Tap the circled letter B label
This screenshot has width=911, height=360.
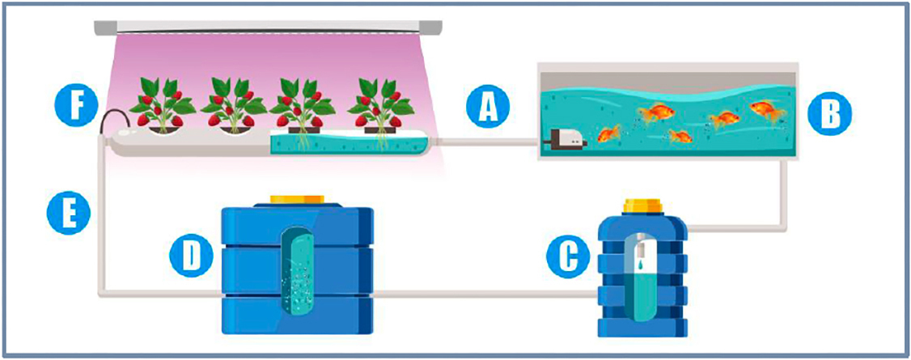pos(828,114)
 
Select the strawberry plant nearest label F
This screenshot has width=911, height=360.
pos(162,104)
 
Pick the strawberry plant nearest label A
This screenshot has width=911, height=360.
pos(380,104)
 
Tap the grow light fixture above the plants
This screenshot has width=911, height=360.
pos(268,27)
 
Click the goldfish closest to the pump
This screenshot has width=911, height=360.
pos(609,135)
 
